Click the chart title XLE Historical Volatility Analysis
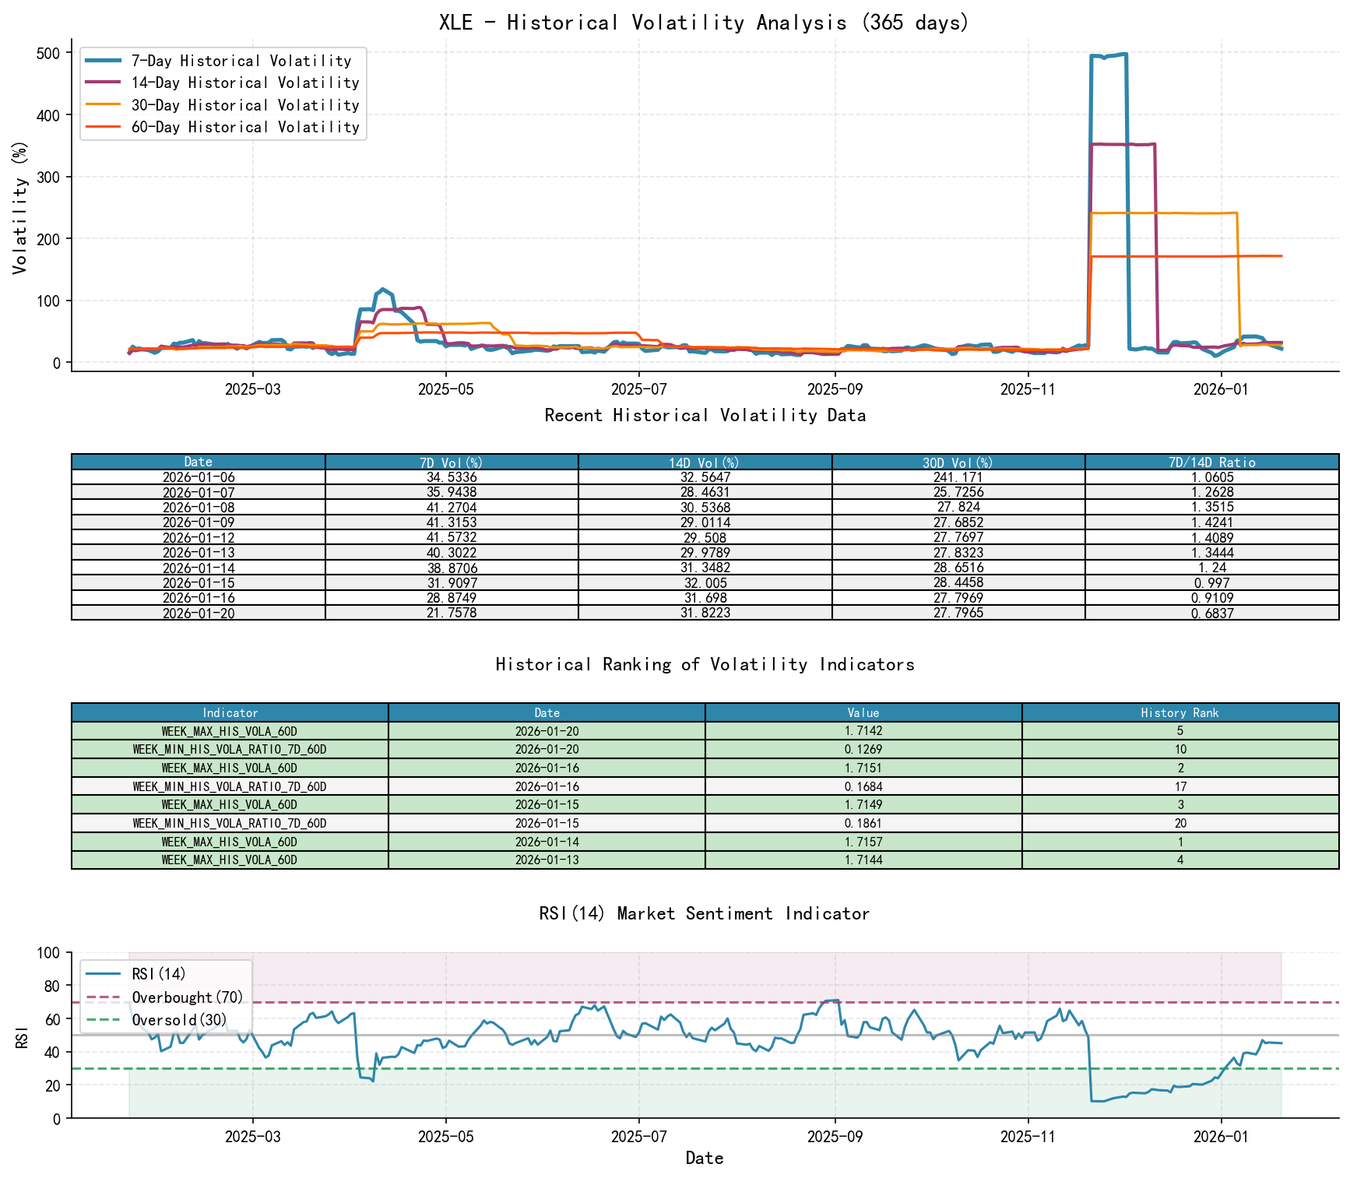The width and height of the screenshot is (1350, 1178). coord(704,22)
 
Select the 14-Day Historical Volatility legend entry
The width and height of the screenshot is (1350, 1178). coord(244,83)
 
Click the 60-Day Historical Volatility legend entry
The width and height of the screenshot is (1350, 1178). coord(244,127)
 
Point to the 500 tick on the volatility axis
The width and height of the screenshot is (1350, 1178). coord(49,53)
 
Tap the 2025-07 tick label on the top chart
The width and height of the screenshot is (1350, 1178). coord(638,389)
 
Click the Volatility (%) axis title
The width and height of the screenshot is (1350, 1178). coord(20,207)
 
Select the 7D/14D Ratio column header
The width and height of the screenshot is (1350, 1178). coord(1211,462)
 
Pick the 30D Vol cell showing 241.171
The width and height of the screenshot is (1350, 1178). coord(958,477)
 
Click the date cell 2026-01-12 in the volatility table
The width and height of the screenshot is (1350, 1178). coord(199,538)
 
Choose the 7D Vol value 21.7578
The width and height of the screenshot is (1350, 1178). coord(452,614)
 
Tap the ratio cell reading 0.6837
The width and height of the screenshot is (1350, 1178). coord(1211,614)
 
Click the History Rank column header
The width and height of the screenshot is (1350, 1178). coord(1179,712)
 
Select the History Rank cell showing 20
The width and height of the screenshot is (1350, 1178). coord(1179,823)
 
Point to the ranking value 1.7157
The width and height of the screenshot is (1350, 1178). coord(863,842)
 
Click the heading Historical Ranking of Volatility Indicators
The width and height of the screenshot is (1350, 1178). coord(705,664)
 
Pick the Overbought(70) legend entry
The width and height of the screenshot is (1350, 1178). coord(187,997)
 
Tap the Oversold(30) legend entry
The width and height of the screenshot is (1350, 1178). coord(179,1020)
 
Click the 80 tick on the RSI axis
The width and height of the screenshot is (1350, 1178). coord(50,986)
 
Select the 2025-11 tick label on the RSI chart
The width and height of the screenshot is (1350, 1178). coord(1028,1137)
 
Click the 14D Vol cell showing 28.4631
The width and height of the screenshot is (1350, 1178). coord(705,492)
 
